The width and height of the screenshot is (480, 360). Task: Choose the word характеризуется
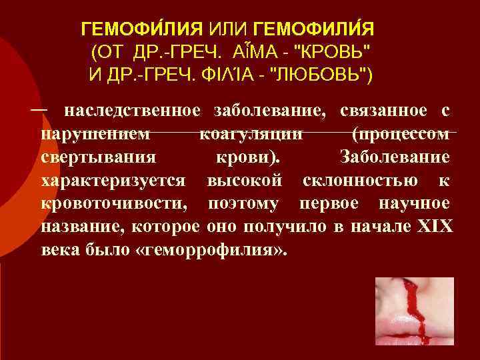click(x=115, y=181)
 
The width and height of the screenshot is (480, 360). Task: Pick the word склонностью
click(x=361, y=181)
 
